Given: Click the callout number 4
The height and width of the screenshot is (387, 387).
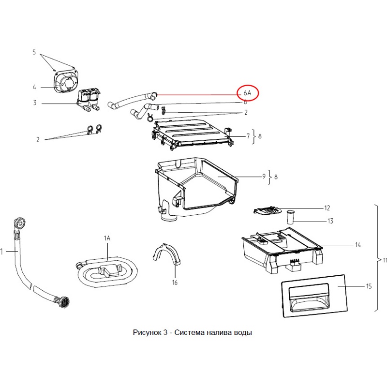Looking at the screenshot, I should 34,88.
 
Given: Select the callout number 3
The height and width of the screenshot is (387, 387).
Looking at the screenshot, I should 34,103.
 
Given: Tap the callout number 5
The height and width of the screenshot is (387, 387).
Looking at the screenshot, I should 34,52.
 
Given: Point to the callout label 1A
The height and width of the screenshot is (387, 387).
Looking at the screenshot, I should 107,238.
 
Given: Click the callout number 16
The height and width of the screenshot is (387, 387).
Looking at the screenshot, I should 175,283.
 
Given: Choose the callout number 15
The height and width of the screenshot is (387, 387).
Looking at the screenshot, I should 369,286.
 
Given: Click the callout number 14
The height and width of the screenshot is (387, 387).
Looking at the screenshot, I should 358,245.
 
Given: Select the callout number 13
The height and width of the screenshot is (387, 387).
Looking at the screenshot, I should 330,221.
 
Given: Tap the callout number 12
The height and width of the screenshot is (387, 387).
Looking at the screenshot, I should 327,208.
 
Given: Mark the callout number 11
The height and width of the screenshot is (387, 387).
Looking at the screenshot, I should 384,261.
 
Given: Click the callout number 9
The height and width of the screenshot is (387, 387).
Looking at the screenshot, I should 264,177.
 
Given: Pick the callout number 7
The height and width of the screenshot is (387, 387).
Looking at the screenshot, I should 248,136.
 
